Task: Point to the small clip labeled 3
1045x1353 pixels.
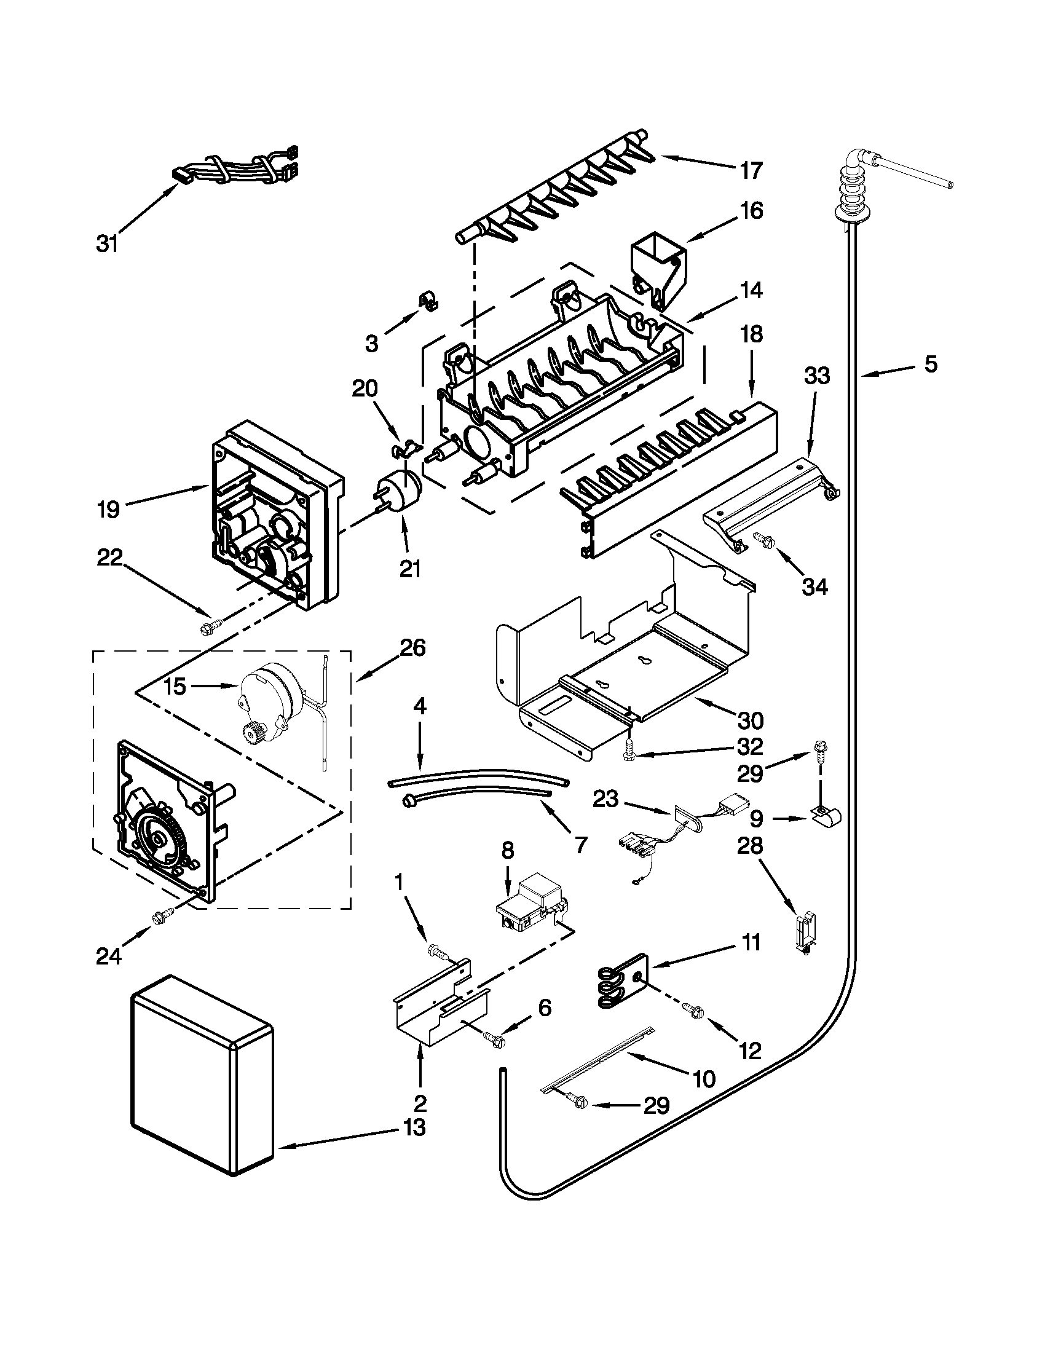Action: [428, 300]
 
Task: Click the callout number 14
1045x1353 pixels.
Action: [751, 290]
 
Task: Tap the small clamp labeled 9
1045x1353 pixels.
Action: [822, 818]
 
